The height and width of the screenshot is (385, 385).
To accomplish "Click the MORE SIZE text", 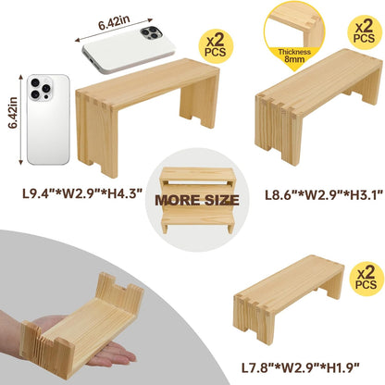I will pyautogui.click(x=193, y=199).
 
